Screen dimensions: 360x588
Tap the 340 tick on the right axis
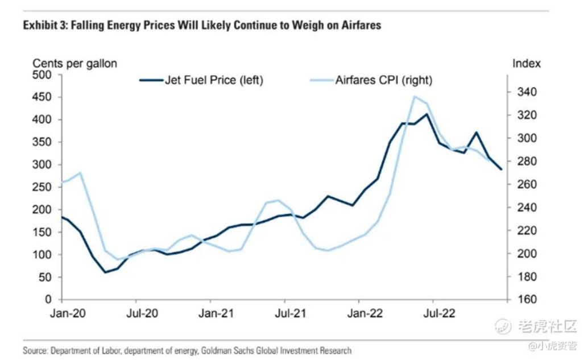[x=526, y=92]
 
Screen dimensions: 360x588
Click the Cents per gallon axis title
[x=74, y=64]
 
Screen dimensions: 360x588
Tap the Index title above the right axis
[x=527, y=64]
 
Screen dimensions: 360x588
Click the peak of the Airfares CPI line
[x=414, y=96]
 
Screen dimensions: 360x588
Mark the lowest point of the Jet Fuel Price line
[x=105, y=272]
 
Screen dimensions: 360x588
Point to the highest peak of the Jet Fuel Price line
[x=426, y=114]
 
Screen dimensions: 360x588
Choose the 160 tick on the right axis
[x=526, y=300]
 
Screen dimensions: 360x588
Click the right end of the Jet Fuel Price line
[x=501, y=169]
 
